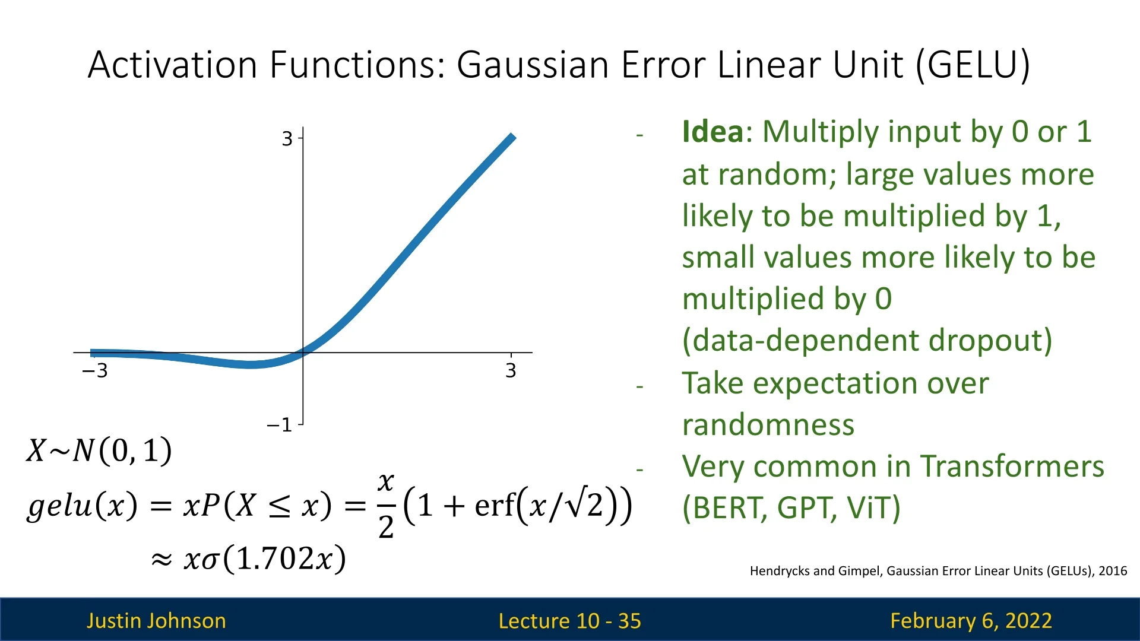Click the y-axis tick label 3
coord(287,139)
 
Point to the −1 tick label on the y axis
coord(280,425)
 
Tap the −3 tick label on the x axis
coord(95,371)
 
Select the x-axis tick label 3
coord(511,371)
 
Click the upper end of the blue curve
coord(512,137)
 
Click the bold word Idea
coord(712,132)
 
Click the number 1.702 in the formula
coord(275,559)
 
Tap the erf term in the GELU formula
coord(495,506)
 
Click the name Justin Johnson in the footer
coord(156,621)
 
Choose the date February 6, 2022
coord(971,621)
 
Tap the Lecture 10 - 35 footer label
coord(570,621)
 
